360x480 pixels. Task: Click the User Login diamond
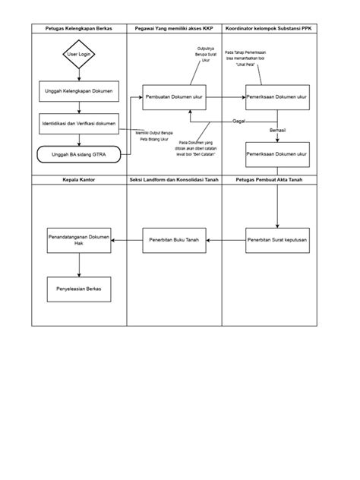click(79, 55)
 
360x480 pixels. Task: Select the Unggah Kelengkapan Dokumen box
click(79, 90)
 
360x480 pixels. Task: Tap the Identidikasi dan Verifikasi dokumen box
click(79, 122)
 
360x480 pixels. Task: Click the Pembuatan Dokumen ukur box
click(175, 98)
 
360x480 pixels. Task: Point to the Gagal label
click(238, 122)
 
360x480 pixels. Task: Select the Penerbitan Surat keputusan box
click(276, 240)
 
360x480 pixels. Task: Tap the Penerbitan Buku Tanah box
click(175, 240)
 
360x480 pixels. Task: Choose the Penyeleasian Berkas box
click(79, 289)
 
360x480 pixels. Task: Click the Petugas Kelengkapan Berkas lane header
click(79, 28)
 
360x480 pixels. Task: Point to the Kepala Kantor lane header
click(79, 180)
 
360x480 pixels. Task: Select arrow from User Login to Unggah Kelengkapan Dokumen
click(79, 73)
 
